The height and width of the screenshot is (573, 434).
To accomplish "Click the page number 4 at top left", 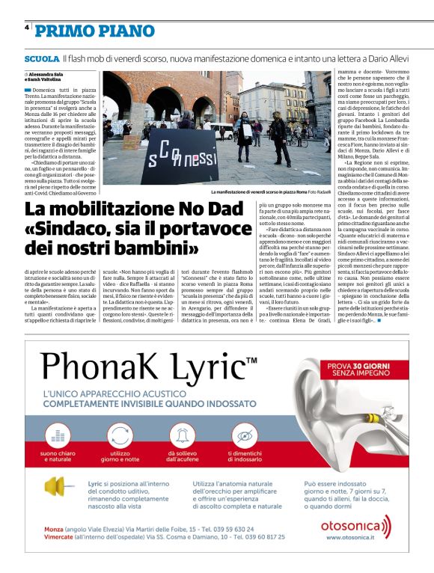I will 27,27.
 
